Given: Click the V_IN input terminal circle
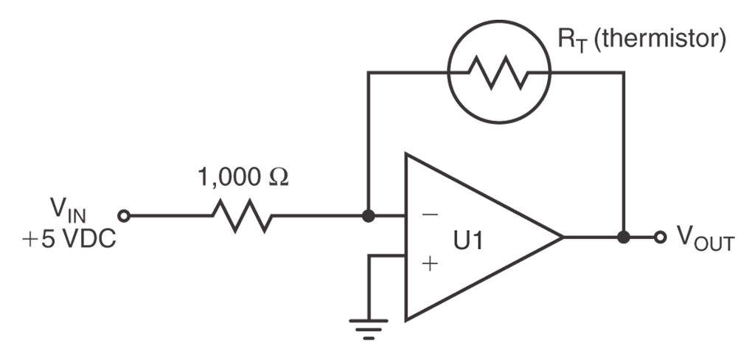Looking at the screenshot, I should click(x=125, y=216).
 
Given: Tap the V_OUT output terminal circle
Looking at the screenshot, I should click(x=661, y=238).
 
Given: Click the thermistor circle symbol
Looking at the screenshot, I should click(x=501, y=72).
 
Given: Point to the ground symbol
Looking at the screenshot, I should click(x=369, y=325).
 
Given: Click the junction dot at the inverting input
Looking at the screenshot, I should click(x=369, y=216).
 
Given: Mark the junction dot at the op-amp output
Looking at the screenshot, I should click(x=624, y=238).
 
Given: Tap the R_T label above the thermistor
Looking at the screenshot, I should click(x=570, y=38).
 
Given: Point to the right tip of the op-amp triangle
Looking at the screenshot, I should click(x=563, y=238).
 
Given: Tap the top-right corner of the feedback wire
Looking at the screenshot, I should click(x=624, y=72).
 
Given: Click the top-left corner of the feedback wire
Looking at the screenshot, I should click(x=369, y=72).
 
